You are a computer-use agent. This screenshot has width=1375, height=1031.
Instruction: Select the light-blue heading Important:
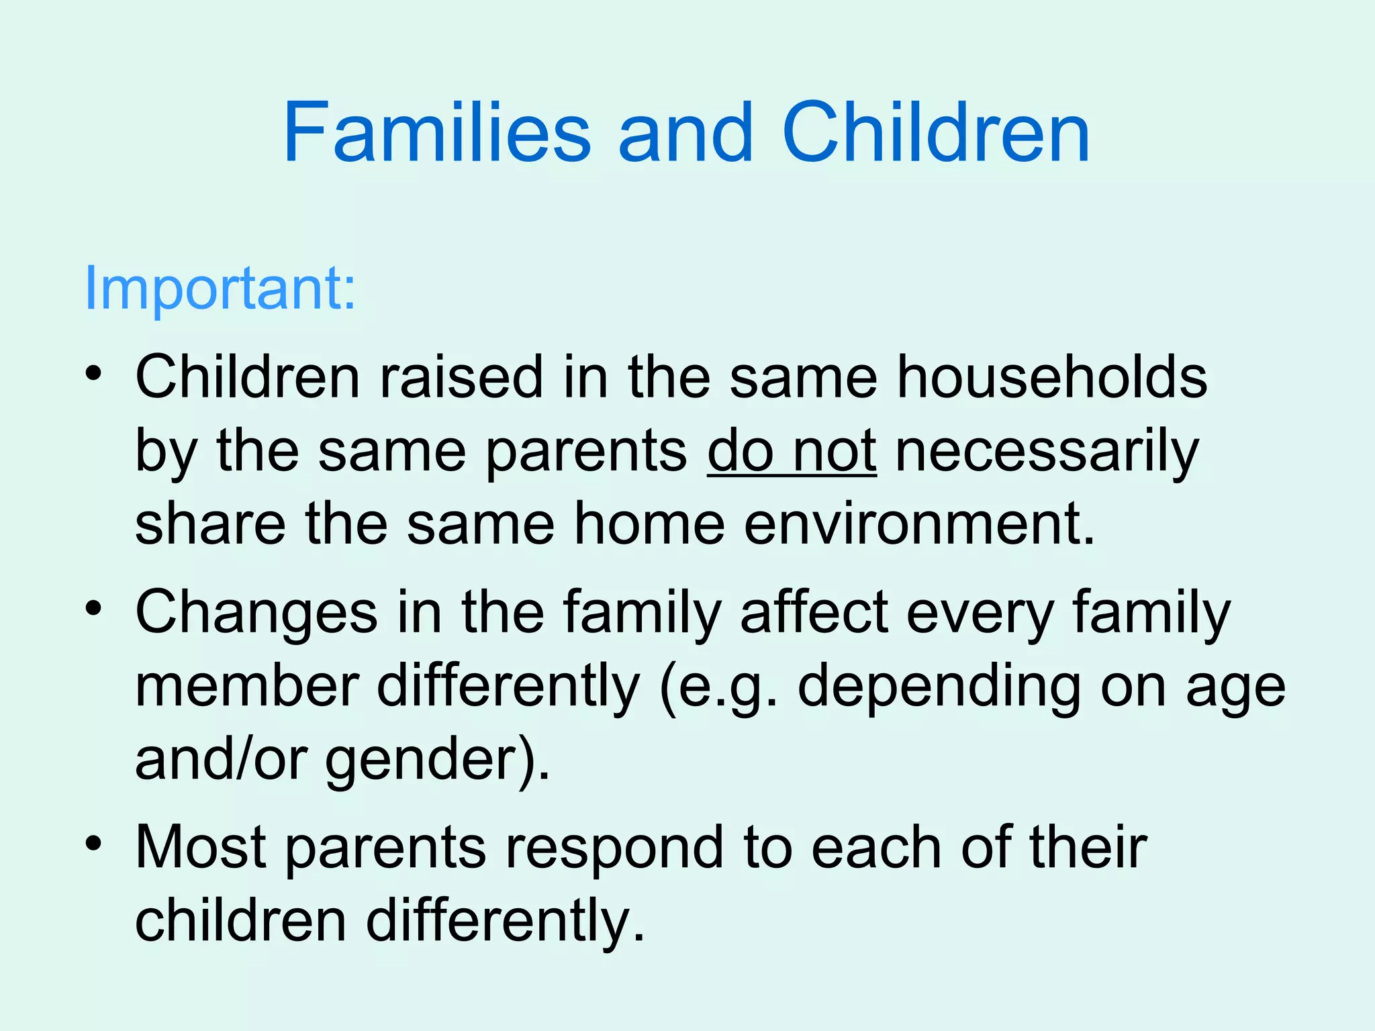(220, 289)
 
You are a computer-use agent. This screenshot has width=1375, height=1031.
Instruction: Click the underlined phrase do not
(792, 450)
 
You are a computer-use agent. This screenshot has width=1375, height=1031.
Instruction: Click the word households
(1052, 377)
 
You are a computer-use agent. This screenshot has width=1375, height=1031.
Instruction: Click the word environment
(919, 524)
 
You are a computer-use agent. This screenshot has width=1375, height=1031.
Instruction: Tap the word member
(246, 686)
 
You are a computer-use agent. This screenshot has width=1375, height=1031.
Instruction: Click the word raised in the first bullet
(462, 377)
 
